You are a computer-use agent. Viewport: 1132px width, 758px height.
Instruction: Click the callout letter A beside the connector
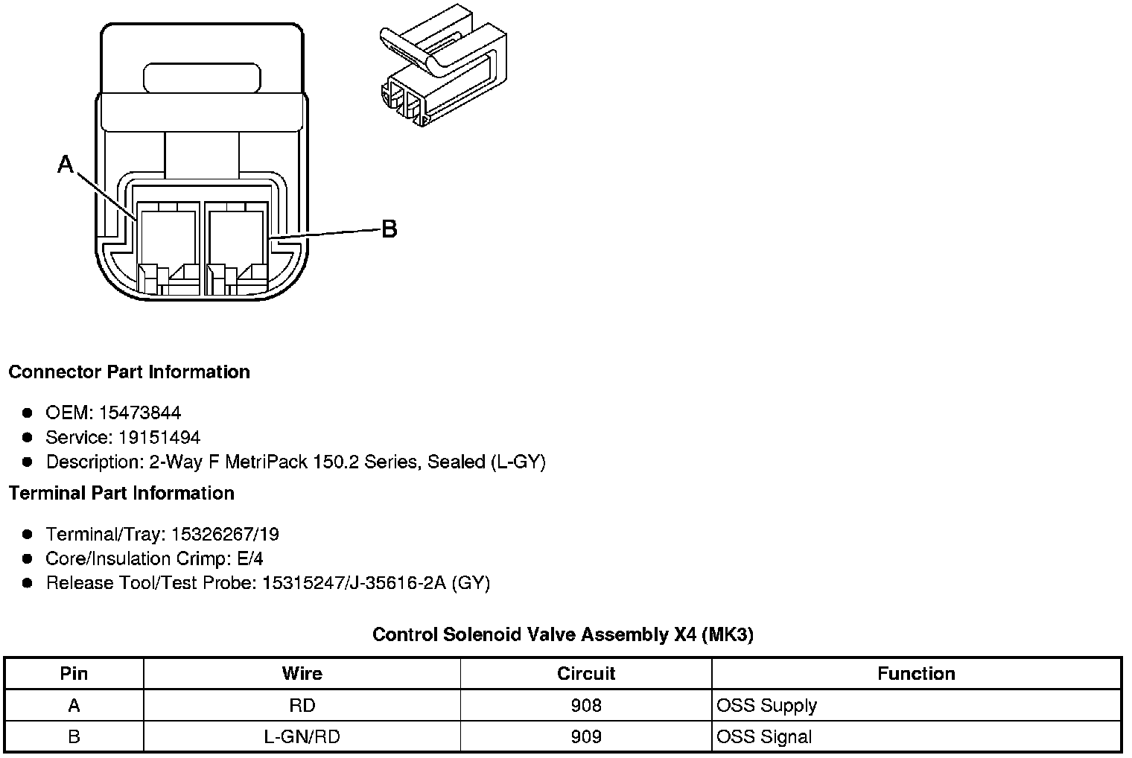(x=66, y=165)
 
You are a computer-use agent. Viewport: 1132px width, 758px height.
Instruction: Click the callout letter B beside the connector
(x=389, y=229)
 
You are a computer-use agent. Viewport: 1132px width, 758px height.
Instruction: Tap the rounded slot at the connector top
(x=203, y=78)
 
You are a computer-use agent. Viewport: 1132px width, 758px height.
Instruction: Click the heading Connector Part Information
(x=129, y=372)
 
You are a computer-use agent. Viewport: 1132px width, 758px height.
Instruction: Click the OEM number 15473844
(x=140, y=413)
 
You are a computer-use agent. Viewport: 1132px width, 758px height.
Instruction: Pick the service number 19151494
(x=159, y=437)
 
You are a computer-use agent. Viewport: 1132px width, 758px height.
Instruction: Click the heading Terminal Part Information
(x=121, y=493)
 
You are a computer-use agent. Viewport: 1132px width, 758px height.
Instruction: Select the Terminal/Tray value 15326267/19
(x=225, y=534)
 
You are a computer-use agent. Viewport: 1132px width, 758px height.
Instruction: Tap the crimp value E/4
(x=249, y=558)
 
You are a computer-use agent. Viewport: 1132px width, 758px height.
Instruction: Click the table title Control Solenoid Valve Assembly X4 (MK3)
(x=563, y=634)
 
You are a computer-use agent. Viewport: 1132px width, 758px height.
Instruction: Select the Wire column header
(x=302, y=674)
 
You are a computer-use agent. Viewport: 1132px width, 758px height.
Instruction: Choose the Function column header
(x=916, y=674)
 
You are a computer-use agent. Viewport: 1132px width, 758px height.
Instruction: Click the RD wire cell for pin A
(x=302, y=705)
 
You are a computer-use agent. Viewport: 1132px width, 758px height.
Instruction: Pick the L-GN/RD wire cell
(x=302, y=736)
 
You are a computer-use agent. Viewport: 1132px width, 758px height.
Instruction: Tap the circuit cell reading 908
(x=586, y=705)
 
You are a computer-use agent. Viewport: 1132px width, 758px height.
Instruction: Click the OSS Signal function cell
(x=764, y=736)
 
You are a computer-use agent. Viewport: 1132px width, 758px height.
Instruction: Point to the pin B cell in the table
(x=74, y=736)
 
